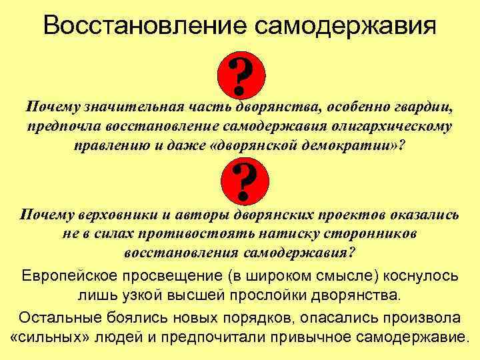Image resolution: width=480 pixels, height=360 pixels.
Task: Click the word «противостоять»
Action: coord(193,234)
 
